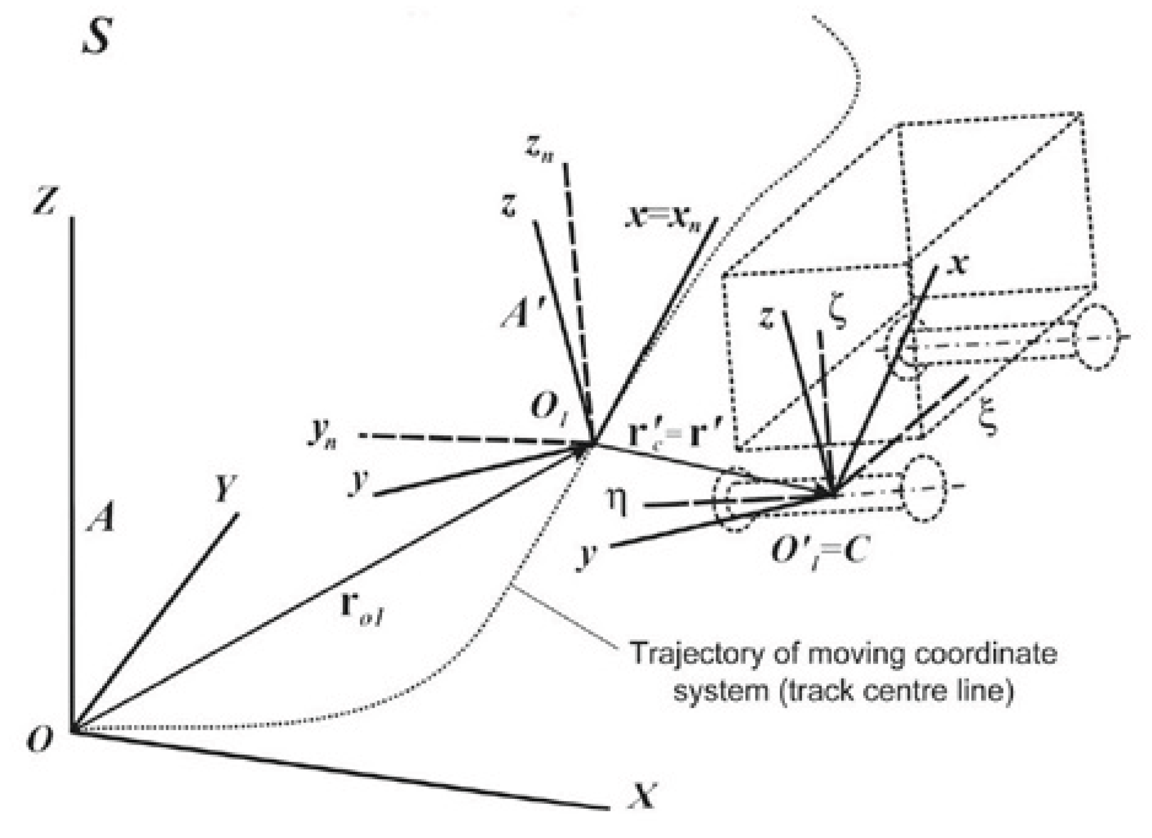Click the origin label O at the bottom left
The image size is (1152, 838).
pos(40,739)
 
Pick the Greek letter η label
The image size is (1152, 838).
pos(617,503)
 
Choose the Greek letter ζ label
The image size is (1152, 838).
pos(837,315)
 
